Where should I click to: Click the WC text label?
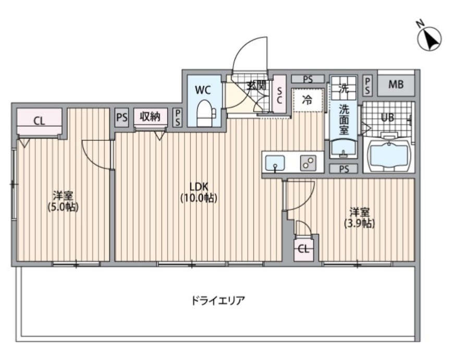[x=203, y=90]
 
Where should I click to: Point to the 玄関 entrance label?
[x=255, y=85]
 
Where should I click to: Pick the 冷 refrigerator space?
[x=308, y=101]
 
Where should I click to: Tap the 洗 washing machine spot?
[x=343, y=87]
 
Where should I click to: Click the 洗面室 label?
[x=343, y=118]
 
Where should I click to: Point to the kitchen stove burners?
[x=308, y=163]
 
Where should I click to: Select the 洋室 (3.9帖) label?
[x=359, y=218]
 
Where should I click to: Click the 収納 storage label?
[x=151, y=116]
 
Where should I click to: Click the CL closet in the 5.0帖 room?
[x=39, y=121]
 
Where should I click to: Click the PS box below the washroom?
[x=343, y=169]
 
